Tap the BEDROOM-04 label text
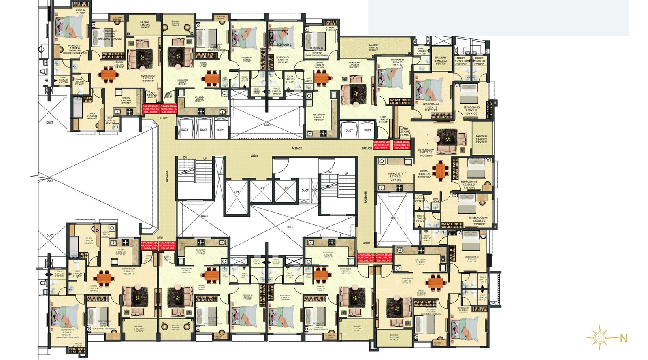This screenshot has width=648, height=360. tap(431, 104)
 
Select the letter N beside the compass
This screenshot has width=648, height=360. tap(623, 338)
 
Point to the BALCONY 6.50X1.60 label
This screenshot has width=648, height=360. tap(373, 45)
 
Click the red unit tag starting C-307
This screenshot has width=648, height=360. tap(382, 145)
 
